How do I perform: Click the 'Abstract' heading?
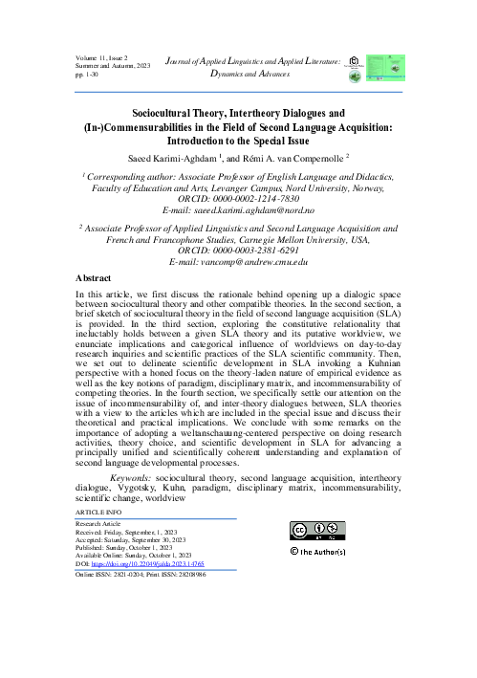coord(93,274)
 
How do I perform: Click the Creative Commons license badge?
coord(317,532)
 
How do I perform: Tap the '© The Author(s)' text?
coord(323,553)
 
